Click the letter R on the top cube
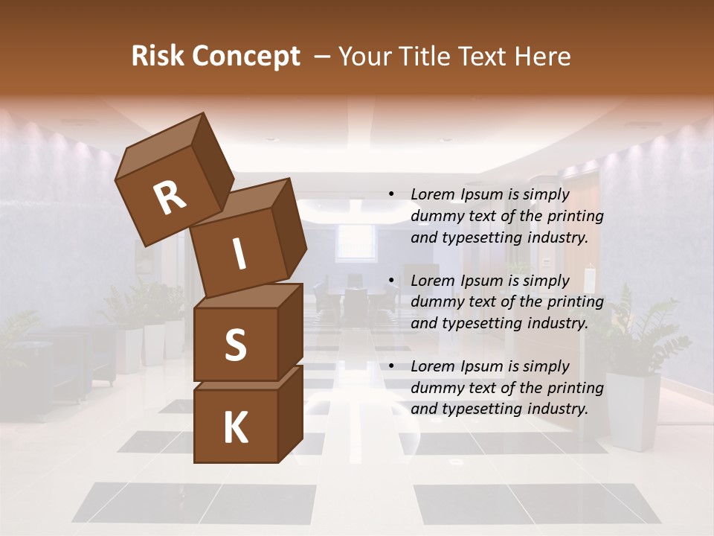point(170,198)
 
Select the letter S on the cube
point(235,344)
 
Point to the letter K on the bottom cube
point(235,428)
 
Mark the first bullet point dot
point(392,195)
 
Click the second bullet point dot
point(392,281)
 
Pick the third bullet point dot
point(392,366)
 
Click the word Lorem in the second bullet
point(433,281)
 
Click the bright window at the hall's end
point(355,241)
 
